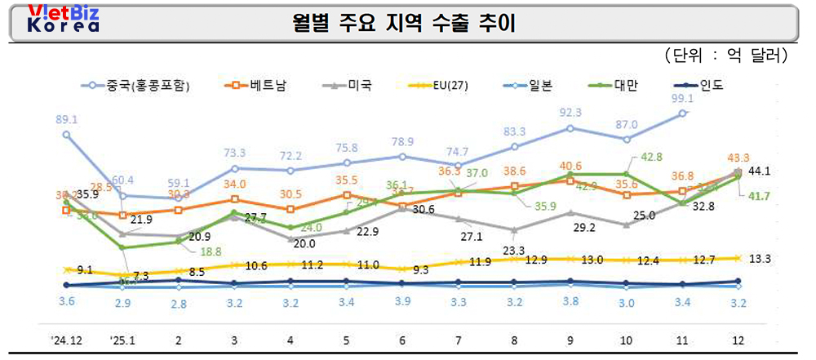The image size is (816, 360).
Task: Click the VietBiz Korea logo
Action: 63,18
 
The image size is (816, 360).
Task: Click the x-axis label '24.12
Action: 66,339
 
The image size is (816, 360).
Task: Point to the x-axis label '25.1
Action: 122,339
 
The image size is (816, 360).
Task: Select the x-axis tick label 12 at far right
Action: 738,339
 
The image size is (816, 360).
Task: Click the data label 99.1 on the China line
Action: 681,98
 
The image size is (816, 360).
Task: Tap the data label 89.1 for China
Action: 67,118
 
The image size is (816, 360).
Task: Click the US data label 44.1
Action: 760,171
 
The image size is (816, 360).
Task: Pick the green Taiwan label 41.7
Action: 760,197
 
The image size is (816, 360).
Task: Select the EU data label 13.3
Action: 760,259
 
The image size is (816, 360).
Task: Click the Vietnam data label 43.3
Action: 738,157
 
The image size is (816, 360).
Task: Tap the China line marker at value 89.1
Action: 66,135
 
